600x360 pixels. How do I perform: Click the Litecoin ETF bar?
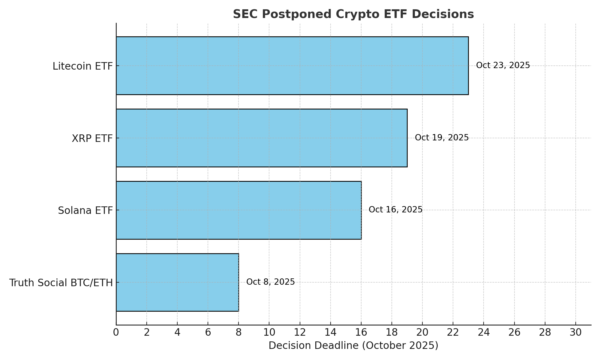[292, 66]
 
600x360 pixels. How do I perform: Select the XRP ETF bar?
[262, 138]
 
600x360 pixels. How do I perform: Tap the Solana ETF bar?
[238, 210]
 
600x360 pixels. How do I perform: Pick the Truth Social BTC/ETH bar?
[177, 282]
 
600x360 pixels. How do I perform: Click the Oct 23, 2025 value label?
[503, 65]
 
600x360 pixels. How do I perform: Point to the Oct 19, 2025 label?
[442, 138]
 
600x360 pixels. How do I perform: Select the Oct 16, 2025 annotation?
[395, 210]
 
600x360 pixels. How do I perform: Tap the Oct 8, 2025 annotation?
[270, 282]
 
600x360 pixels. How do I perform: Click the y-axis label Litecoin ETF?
[82, 66]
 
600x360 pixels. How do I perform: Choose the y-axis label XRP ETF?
[92, 139]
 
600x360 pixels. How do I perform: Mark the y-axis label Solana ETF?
[85, 211]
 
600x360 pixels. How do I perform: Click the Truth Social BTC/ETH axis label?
[61, 283]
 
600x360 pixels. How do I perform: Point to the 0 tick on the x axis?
[116, 332]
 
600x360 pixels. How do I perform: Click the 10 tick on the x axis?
[269, 332]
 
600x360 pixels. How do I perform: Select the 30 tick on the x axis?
[575, 332]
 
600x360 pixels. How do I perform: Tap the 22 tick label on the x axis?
[453, 332]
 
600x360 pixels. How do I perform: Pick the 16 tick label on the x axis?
[361, 332]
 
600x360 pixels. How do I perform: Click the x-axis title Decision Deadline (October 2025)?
[353, 346]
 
